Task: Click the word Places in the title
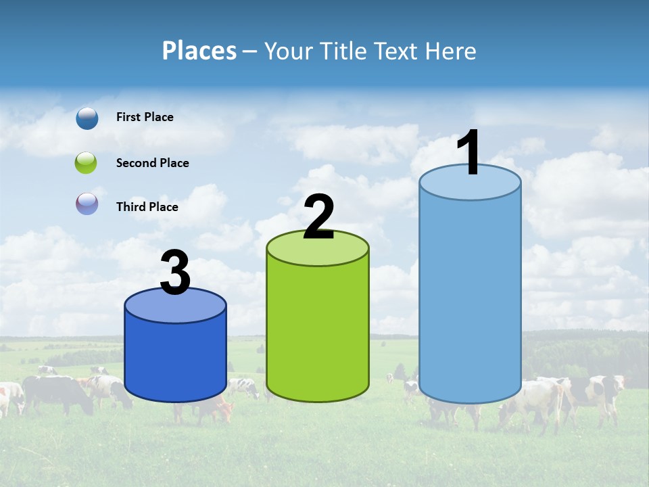point(199,51)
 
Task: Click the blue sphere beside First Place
point(87,118)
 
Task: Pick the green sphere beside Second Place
point(86,163)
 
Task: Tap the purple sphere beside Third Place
point(87,204)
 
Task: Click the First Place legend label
point(145,117)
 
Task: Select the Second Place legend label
point(152,163)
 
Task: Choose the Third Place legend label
point(147,207)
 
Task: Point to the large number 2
point(318,216)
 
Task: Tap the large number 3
point(175,273)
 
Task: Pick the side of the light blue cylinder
point(470,298)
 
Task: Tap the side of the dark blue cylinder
point(175,358)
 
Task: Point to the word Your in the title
point(287,51)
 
